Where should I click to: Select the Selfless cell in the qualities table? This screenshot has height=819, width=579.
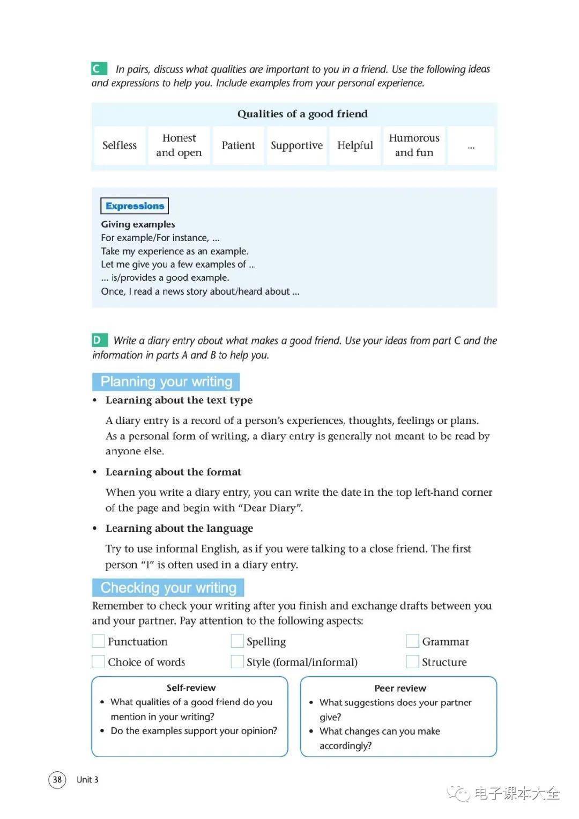point(120,145)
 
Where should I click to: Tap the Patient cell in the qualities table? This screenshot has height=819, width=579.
point(238,145)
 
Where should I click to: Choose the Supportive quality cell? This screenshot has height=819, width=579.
point(296,145)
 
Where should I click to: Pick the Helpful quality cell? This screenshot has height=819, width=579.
point(355,145)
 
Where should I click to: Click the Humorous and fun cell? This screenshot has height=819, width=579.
point(414,145)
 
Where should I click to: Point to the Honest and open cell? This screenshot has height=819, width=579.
point(179,145)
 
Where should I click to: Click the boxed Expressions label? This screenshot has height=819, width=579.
point(135,206)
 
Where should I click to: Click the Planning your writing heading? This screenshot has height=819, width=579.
point(166,382)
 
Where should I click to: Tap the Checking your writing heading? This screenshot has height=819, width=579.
point(168,588)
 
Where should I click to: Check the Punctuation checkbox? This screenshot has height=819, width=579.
point(98,641)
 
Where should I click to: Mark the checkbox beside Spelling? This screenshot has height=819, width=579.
point(237,641)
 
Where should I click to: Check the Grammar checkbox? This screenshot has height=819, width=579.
point(412,641)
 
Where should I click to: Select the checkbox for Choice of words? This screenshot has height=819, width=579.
point(98,662)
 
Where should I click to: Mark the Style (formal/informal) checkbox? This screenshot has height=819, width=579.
point(237,662)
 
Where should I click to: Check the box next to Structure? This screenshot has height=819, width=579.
point(412,662)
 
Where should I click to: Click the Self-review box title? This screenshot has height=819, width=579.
point(191,688)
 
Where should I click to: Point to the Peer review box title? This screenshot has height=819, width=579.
point(400,689)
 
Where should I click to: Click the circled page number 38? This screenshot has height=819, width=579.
point(57,779)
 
